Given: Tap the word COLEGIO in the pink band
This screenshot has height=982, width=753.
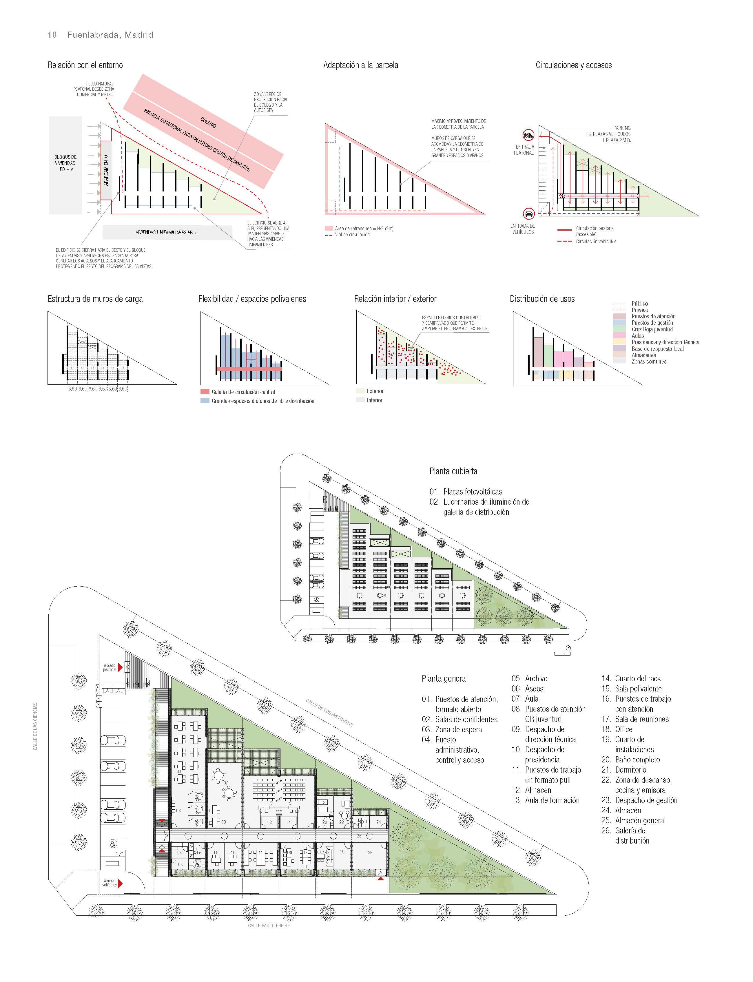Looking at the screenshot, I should [x=208, y=122].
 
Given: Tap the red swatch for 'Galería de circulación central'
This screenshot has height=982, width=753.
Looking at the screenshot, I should [x=205, y=392].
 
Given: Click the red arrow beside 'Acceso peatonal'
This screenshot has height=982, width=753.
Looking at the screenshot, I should [x=120, y=668].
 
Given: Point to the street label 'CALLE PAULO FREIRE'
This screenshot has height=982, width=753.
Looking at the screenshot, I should [x=269, y=926].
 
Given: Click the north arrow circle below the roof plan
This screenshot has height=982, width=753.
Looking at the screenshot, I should [x=569, y=648].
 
